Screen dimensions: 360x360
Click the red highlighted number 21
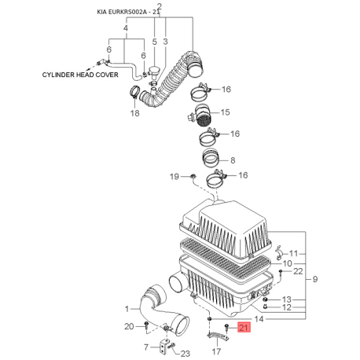[x=244, y=328]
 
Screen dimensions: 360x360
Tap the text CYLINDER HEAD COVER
[x=80, y=75]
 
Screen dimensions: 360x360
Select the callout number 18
[x=135, y=113]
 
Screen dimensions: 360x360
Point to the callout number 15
[x=226, y=112]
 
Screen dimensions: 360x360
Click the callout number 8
[x=233, y=160]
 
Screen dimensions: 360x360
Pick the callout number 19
[x=174, y=177]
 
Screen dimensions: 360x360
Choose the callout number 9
[x=315, y=279]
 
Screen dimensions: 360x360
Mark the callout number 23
[x=186, y=354]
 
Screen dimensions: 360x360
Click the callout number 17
[x=216, y=351]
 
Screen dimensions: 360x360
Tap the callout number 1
[x=127, y=309]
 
